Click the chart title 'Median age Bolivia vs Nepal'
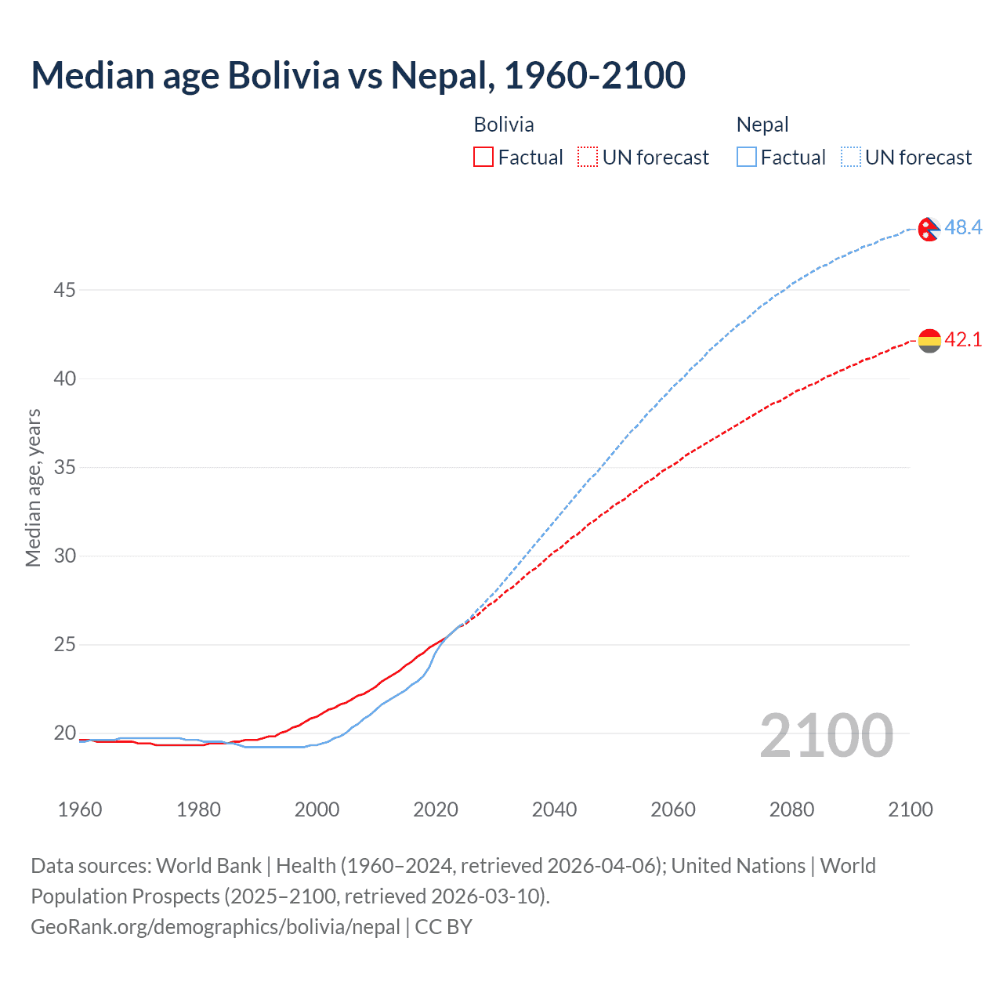pos(358,75)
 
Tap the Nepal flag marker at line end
pos(929,229)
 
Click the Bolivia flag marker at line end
pos(929,341)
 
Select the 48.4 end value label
pos(963,228)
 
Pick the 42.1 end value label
pos(963,340)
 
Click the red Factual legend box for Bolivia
pos(483,158)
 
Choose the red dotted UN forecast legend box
pos(588,158)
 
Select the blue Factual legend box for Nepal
pos(747,158)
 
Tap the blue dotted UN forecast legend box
pos(851,158)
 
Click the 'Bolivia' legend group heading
pos(504,125)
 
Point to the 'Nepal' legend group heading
pos(762,125)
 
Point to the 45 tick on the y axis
pos(64,291)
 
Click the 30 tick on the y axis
pos(64,556)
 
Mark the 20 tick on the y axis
pos(64,733)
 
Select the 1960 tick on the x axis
pos(80,809)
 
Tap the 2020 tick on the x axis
pos(436,809)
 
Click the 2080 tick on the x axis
pos(791,809)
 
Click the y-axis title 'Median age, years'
pos(33,487)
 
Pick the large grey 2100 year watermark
pos(826,735)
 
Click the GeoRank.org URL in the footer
pos(215,927)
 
